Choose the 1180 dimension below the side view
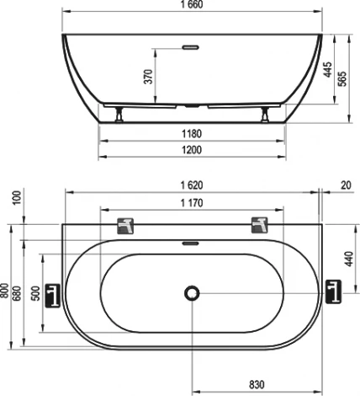pos(193,134)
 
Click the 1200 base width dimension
pos(193,151)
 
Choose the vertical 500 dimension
pos(35,292)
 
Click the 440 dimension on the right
pos(346,257)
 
